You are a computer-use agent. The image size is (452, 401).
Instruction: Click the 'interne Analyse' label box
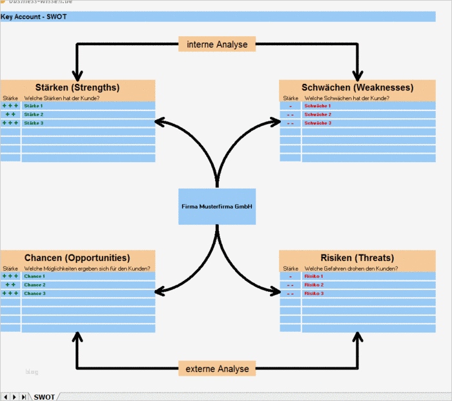tap(217, 44)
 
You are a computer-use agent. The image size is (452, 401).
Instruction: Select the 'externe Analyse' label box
tap(217, 369)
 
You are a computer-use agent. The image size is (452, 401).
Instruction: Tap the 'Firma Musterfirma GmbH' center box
tap(217, 207)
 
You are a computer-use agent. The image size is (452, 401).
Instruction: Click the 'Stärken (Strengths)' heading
tap(77, 87)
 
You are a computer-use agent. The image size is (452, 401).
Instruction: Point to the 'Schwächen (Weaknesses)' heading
tap(357, 87)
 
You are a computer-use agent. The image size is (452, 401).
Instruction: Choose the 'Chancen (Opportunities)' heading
tap(77, 258)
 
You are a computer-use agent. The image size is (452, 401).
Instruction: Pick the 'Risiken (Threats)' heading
tap(357, 258)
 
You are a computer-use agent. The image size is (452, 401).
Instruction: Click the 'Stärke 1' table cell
tap(34, 105)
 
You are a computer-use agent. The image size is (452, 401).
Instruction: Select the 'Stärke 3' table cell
tap(34, 123)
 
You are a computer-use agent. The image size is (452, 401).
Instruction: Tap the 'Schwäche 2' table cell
tap(317, 114)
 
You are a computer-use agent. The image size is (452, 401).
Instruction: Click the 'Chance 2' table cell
tap(35, 285)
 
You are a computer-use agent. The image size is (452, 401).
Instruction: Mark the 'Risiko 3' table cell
tap(314, 293)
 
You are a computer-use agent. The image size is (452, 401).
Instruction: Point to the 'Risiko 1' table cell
tap(314, 276)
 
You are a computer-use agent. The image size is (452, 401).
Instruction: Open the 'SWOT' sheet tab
tap(44, 396)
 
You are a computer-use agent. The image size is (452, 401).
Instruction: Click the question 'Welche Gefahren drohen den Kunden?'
tap(351, 268)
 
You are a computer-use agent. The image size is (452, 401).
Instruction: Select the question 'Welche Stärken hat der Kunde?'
tap(61, 98)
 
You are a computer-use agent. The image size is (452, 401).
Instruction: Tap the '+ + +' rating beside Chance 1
tap(10, 276)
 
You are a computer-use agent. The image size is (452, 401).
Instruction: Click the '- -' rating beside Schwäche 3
tap(291, 123)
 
